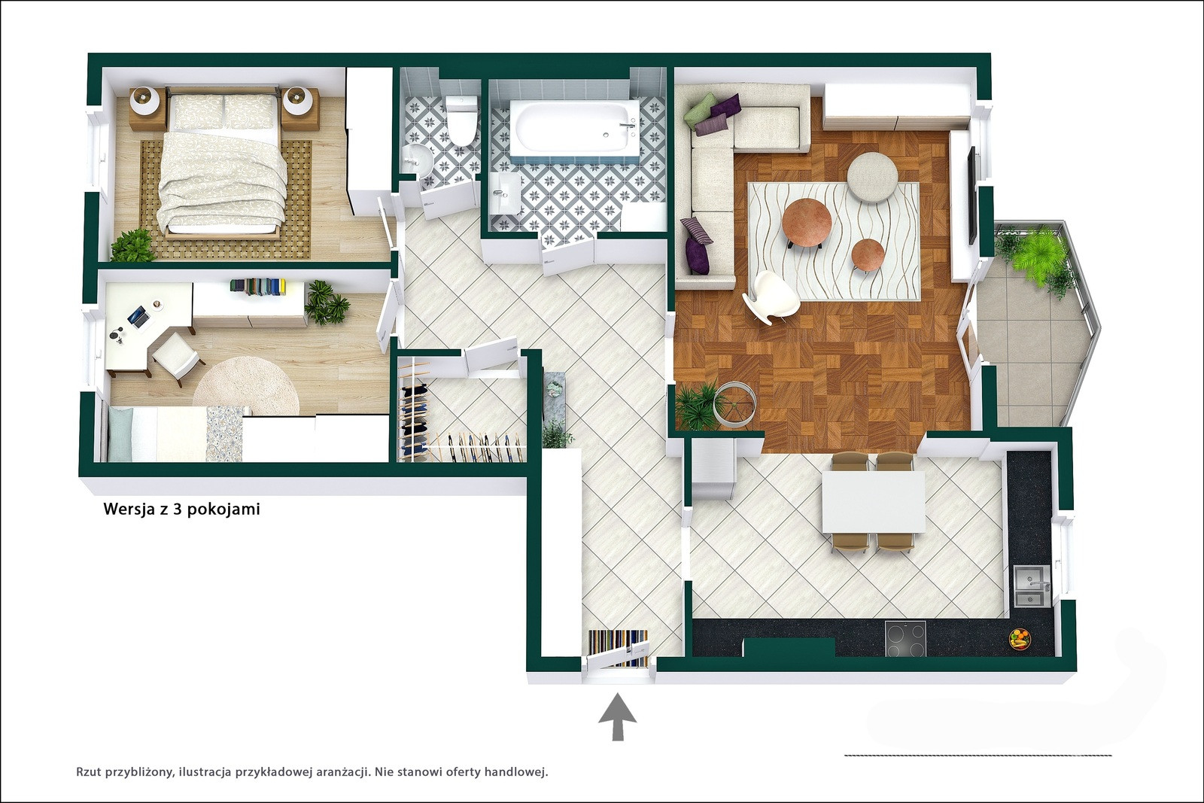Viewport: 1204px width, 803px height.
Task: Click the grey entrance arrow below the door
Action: point(618,716)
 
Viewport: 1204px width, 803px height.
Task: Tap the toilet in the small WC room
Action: point(461,120)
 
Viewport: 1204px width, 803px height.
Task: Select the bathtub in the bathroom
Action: point(575,126)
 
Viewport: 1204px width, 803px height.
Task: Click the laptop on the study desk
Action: point(138,317)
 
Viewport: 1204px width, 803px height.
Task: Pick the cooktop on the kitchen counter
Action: point(906,638)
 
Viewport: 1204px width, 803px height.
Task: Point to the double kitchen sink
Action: point(1032,586)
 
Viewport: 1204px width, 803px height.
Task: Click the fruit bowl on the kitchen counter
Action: point(1020,640)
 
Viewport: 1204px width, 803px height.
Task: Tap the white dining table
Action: point(874,501)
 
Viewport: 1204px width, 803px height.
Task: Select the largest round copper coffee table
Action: point(807,222)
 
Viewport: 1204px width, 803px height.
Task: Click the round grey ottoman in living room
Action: point(872,178)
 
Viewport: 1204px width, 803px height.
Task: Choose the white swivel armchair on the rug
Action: point(771,297)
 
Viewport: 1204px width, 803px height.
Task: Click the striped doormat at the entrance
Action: point(618,648)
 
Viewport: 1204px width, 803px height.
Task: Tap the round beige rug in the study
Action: point(245,387)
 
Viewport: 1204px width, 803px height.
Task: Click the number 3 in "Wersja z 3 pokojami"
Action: point(176,509)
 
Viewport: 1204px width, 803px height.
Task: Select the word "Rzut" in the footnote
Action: point(90,773)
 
